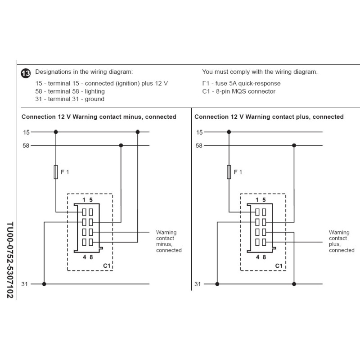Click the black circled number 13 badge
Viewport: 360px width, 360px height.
[26, 73]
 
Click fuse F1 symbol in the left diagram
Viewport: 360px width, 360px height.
[56, 172]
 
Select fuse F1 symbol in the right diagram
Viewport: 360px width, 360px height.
[229, 172]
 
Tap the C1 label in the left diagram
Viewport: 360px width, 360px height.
[107, 265]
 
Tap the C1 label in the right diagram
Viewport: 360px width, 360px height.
[279, 265]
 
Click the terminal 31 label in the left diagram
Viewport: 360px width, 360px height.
[25, 284]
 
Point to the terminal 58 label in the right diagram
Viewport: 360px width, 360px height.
[199, 145]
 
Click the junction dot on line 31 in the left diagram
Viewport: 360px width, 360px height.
[44, 284]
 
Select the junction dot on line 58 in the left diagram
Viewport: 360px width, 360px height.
[121, 145]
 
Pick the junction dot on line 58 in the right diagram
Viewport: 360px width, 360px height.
[294, 145]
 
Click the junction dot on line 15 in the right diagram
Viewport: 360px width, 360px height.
[229, 132]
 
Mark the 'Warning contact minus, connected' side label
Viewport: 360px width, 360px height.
[169, 241]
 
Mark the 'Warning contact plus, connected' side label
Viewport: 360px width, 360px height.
[342, 241]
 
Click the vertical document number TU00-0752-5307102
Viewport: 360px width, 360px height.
[10, 260]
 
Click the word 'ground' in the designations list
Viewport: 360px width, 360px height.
[94, 99]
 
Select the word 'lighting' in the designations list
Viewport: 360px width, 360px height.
[95, 91]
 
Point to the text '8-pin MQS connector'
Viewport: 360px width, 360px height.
[246, 91]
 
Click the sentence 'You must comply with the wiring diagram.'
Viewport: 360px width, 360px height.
[260, 72]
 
